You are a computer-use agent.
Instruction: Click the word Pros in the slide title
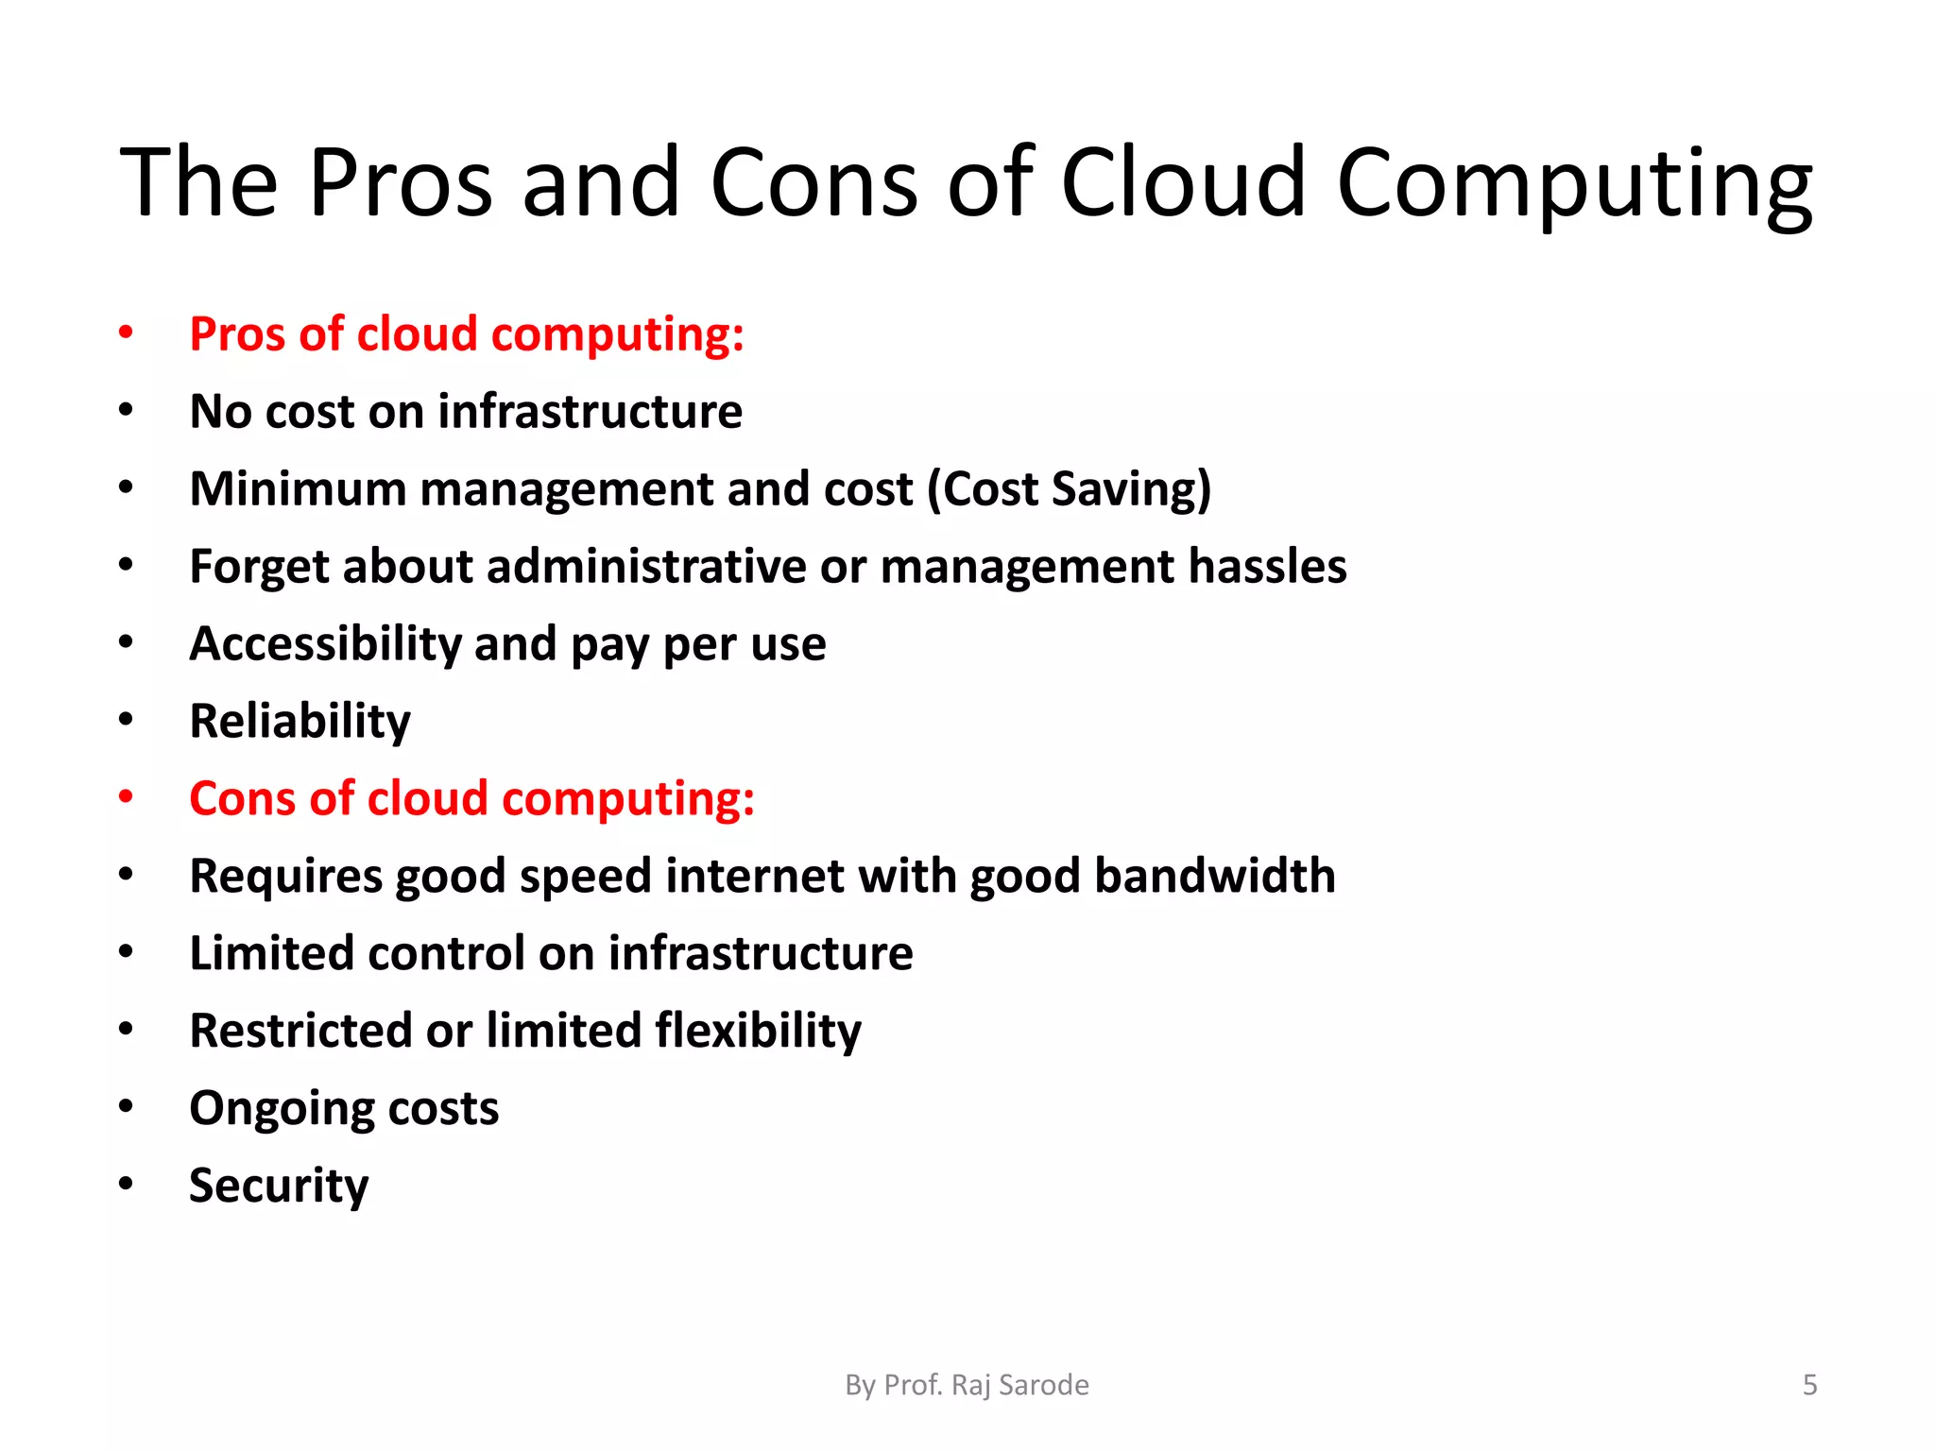[400, 182]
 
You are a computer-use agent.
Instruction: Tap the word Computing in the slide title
[1574, 184]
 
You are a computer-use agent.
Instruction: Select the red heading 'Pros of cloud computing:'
[467, 334]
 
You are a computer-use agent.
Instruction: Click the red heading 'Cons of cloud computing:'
[471, 799]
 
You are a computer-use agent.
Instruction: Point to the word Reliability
[300, 722]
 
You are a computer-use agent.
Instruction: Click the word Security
[279, 1186]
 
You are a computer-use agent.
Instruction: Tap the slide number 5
[1809, 1385]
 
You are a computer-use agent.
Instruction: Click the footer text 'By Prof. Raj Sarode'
[967, 1385]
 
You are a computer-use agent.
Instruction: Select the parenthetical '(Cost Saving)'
[1069, 489]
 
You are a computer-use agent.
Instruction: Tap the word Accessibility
[325, 644]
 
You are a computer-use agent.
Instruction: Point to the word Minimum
[298, 489]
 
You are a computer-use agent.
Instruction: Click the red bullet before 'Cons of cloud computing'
[126, 797]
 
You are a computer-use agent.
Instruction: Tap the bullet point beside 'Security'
[126, 1185]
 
